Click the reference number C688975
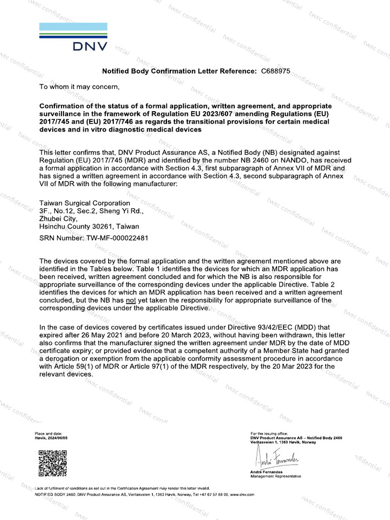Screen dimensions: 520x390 (x=275, y=72)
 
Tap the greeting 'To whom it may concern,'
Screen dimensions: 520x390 (x=80, y=87)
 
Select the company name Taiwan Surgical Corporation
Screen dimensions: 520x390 (x=85, y=203)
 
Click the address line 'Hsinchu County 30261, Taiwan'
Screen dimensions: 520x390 (x=89, y=226)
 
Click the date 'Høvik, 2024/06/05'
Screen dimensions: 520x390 (x=51, y=438)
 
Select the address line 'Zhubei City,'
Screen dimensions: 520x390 (x=57, y=219)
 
